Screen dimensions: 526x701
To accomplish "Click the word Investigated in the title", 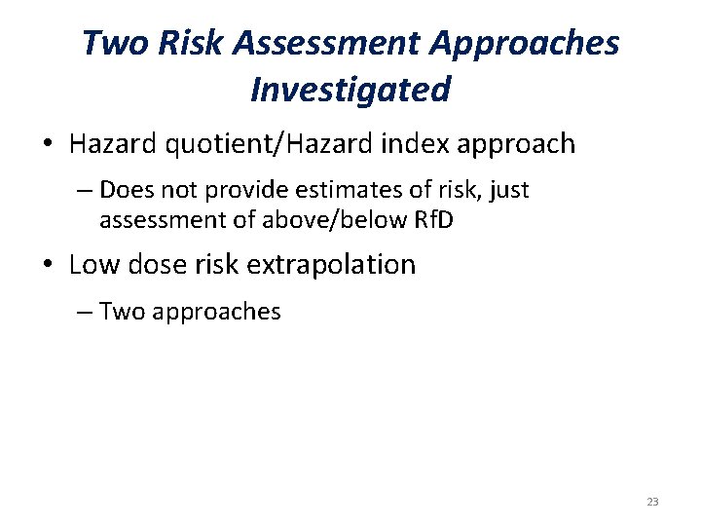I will point(350,90).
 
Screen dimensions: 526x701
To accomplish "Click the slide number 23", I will point(651,502).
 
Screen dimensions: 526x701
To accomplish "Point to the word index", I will point(424,145).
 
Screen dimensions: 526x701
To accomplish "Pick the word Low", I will point(93,264).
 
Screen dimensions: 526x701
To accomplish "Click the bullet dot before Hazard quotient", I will point(48,146).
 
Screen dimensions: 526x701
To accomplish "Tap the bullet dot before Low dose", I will point(48,265).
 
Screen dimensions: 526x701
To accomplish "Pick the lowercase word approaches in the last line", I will point(213,312).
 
